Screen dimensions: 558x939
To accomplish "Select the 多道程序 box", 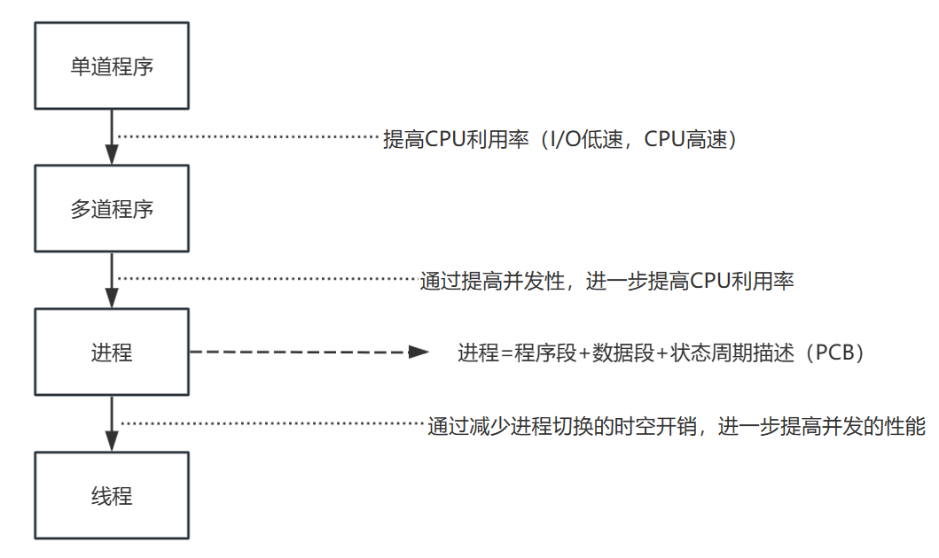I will (112, 210).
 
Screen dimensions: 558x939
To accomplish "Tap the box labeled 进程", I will (112, 353).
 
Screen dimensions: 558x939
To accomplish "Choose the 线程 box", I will (112, 496).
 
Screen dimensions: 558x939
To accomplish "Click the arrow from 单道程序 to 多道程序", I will (112, 137).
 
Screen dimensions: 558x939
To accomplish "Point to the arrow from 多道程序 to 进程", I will (112, 280).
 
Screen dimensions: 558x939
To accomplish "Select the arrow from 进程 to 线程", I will (112, 423).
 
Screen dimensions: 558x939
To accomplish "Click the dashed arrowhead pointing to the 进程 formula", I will (419, 353).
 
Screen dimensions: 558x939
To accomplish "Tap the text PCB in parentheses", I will (833, 353).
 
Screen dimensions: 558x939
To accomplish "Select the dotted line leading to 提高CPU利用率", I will (248, 137).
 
